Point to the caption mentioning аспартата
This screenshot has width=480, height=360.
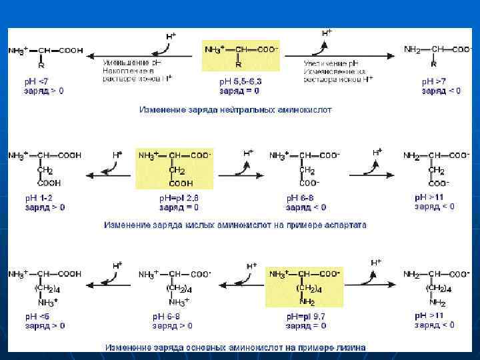(235, 225)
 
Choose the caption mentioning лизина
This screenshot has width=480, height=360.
(235, 347)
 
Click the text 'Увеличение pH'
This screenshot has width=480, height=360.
(333, 62)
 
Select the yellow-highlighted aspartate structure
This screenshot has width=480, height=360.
(175, 169)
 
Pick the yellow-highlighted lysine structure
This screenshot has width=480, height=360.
(304, 287)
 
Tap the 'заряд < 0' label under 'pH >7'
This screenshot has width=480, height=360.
(441, 91)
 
